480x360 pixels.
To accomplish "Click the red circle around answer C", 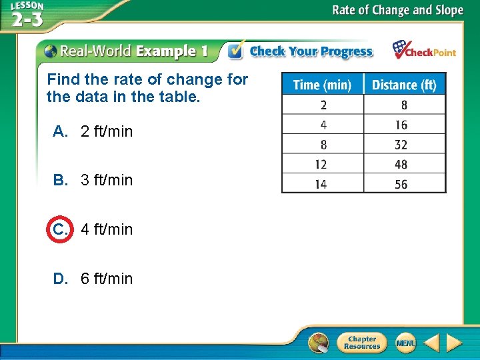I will point(58,229).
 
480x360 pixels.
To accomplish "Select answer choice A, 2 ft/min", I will point(93,131).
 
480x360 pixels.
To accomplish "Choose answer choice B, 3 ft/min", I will point(93,180).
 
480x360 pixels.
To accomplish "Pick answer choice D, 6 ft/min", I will point(93,278).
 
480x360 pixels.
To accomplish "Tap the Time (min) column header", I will point(323,84).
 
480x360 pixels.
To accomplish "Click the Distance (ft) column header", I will point(404,84).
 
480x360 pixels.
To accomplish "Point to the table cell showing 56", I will point(401,184).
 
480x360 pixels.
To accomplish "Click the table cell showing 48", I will point(401,164).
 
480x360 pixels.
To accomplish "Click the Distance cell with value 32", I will point(401,144).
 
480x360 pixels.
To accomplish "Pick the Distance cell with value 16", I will point(401,125).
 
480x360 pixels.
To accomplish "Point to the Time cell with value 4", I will point(323,125).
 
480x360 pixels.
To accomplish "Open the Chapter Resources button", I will point(361,343).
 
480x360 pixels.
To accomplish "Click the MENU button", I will point(405,343).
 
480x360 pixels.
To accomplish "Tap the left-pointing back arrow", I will point(431,343).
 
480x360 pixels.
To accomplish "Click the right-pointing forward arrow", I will point(455,343).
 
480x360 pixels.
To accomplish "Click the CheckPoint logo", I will point(424,51).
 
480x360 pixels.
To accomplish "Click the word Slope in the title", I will point(447,10).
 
